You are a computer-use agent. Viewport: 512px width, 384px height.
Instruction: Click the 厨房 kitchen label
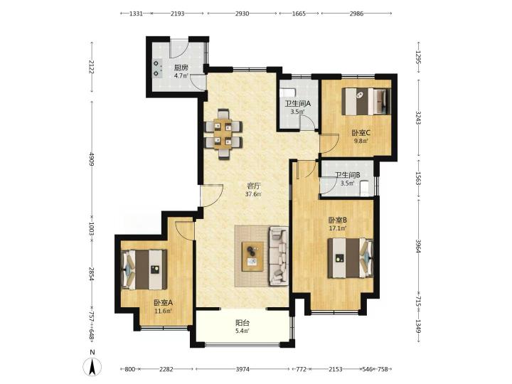(181, 68)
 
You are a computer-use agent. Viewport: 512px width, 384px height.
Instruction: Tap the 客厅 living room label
(253, 186)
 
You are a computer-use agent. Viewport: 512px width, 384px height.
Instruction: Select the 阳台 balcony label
(242, 323)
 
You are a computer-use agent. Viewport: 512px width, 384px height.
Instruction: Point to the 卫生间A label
(297, 104)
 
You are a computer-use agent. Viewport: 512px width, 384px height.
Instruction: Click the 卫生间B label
(348, 175)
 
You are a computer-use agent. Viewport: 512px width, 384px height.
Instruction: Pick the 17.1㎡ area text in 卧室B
(338, 228)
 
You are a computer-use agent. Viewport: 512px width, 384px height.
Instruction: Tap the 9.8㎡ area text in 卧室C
(361, 141)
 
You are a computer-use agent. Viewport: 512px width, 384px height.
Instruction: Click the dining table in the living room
(223, 134)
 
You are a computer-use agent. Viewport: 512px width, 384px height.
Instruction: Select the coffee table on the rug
(252, 257)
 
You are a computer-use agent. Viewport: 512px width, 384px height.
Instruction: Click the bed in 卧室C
(366, 101)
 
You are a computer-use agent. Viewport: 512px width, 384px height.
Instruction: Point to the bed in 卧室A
(144, 270)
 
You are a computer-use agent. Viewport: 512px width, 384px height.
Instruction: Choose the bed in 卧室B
(351, 258)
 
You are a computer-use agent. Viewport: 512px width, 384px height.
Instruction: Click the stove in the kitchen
(158, 68)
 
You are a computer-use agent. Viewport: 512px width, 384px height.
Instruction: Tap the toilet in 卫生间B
(364, 188)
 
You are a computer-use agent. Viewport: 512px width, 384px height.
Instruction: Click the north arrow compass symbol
(92, 366)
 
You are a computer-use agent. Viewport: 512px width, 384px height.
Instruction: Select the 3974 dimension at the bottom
(242, 369)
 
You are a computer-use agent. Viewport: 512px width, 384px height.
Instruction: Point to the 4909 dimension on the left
(92, 159)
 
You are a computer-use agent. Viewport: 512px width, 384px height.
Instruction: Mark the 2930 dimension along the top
(242, 14)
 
